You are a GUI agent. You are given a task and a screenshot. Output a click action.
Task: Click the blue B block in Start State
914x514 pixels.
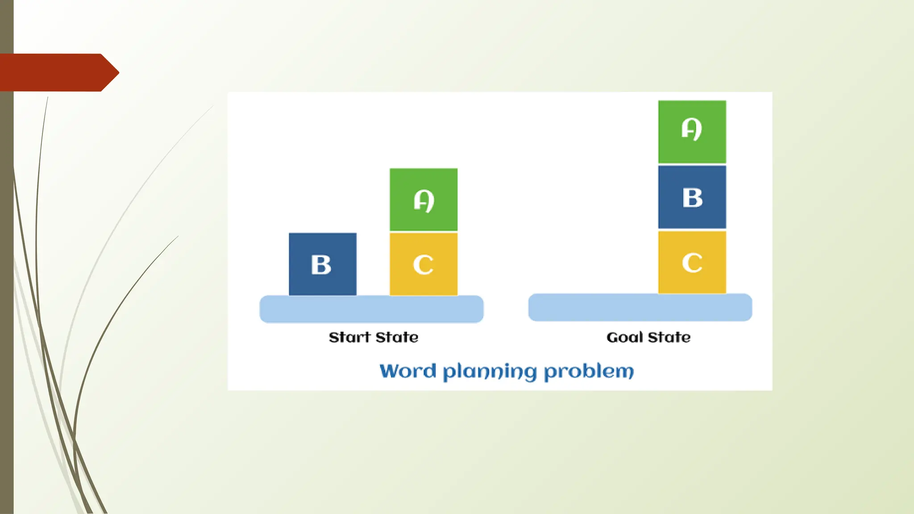tap(323, 264)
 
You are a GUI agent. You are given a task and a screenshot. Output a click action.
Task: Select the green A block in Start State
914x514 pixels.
tap(424, 199)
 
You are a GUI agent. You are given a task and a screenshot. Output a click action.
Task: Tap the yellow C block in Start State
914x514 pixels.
tap(424, 264)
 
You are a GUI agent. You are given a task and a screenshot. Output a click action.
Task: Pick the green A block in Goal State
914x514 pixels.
tap(692, 132)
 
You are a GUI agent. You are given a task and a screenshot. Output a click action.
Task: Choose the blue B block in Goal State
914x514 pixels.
tap(692, 197)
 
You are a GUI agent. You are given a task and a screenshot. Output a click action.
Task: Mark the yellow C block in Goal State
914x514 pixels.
tap(692, 262)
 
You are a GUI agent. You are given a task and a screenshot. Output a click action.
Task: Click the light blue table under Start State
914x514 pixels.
tap(371, 309)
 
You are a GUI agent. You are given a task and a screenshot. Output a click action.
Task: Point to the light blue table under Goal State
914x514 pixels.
tap(640, 307)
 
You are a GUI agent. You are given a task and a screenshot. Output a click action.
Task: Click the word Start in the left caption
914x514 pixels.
tap(349, 337)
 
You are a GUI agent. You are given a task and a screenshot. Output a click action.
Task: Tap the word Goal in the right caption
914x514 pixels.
tap(625, 337)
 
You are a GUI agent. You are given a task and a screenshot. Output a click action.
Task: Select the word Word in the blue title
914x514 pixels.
tap(407, 371)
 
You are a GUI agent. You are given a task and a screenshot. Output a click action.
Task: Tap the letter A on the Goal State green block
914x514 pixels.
tap(692, 129)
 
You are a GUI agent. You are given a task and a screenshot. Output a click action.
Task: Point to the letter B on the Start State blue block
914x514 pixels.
tap(321, 265)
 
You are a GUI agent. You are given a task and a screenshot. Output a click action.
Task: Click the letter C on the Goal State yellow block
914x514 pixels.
tap(692, 263)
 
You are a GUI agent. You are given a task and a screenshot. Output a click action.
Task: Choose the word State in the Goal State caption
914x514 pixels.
tap(669, 337)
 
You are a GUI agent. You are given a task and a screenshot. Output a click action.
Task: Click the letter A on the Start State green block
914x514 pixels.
tap(424, 201)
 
